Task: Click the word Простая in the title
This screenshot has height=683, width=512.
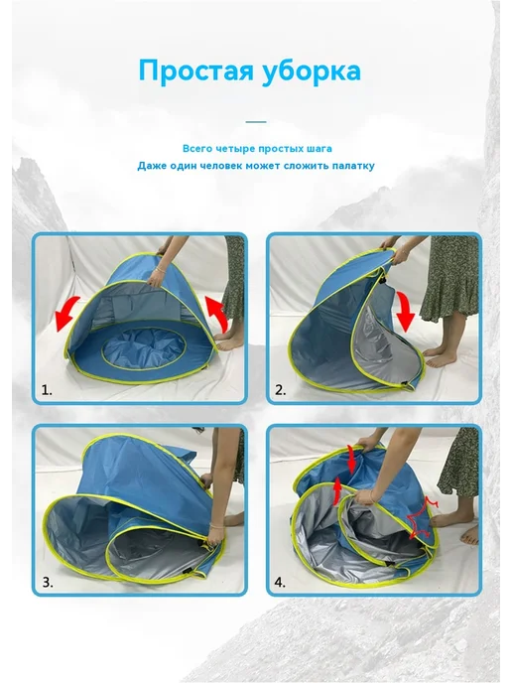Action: click(x=195, y=70)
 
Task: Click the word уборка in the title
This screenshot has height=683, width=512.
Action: click(x=312, y=69)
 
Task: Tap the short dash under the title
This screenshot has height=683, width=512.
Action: click(x=256, y=122)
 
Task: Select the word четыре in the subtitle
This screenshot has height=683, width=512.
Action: click(x=233, y=149)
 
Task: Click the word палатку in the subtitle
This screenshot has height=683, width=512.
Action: click(x=353, y=166)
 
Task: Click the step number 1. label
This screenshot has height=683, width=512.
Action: click(x=47, y=390)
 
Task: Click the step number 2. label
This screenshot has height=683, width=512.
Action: click(x=281, y=390)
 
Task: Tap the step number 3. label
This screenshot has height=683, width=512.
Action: click(x=48, y=583)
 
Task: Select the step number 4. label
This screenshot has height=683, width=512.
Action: click(x=281, y=583)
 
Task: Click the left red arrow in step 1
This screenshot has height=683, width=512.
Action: click(x=66, y=313)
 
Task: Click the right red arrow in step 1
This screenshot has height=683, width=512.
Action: click(x=217, y=314)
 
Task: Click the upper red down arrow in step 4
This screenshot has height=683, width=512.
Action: click(x=351, y=460)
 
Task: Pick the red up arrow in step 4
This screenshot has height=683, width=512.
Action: click(x=337, y=490)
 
